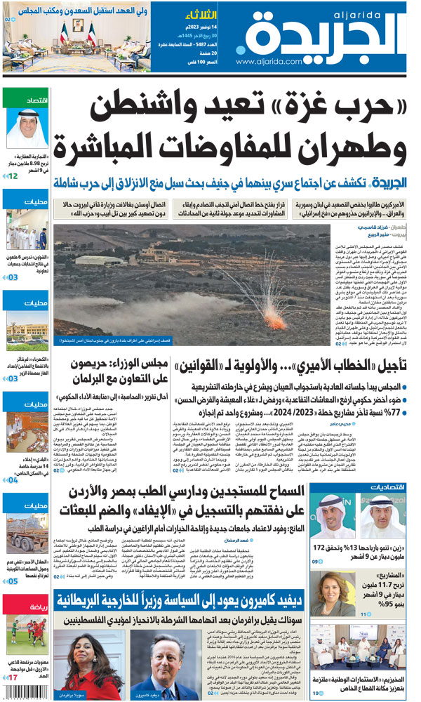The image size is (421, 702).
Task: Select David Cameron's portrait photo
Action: (x=169, y=664)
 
